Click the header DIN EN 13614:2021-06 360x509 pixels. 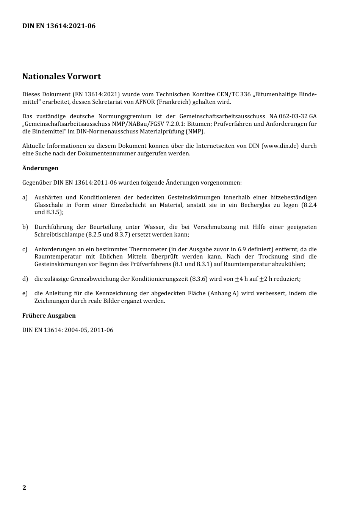(59, 26)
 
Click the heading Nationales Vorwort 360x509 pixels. (61, 77)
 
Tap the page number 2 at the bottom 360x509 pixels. (24, 487)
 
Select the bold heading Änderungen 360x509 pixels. (40, 168)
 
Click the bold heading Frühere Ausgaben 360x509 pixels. (49, 315)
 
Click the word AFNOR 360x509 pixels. (144, 102)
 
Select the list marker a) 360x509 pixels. (25, 197)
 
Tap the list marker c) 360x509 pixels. (25, 249)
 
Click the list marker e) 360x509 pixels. (25, 293)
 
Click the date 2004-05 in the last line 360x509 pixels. (76, 330)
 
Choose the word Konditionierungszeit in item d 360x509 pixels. (169, 279)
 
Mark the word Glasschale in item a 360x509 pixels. (49, 205)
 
